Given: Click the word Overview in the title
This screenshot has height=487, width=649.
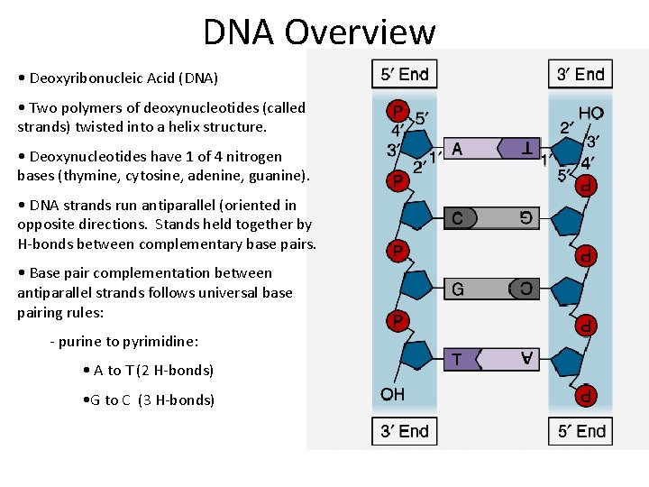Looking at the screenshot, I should point(360,32).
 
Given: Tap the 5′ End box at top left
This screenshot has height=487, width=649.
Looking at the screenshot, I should point(404,74).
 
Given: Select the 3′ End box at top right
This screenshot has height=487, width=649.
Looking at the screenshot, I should point(580,74).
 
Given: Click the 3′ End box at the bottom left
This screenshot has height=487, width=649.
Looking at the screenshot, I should point(404,431).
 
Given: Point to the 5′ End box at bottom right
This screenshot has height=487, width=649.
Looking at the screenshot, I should point(580,431).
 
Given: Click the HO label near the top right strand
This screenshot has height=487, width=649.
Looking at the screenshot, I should point(590,114).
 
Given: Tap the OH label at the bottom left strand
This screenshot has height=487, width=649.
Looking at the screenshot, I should point(392,394).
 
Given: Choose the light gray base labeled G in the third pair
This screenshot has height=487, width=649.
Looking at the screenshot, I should point(469,289).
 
